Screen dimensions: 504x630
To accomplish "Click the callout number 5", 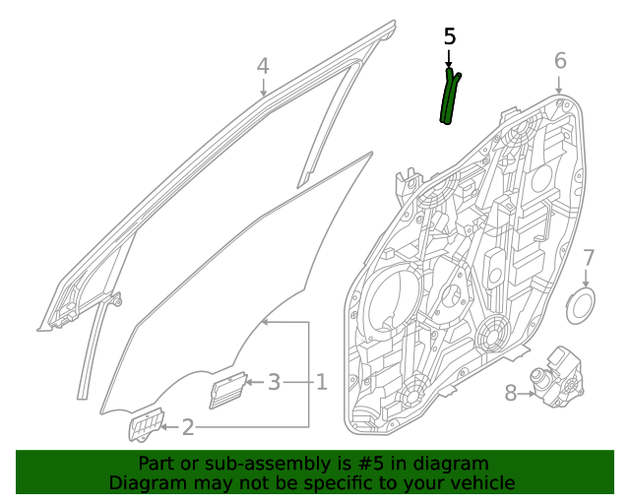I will (450, 37).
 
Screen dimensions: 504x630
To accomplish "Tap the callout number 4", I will (263, 66).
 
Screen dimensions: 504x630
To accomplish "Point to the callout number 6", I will (560, 61).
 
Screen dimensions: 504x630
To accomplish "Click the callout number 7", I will (589, 258).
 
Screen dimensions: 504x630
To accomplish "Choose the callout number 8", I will (510, 394).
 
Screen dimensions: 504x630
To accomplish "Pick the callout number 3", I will (275, 381).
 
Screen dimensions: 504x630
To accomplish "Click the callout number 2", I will (188, 426).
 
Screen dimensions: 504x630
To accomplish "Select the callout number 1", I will (321, 381).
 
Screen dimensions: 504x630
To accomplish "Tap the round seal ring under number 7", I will (582, 305).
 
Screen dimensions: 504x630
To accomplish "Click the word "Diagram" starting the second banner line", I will (143, 482).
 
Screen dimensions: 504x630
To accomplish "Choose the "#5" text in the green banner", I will (390, 464).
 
